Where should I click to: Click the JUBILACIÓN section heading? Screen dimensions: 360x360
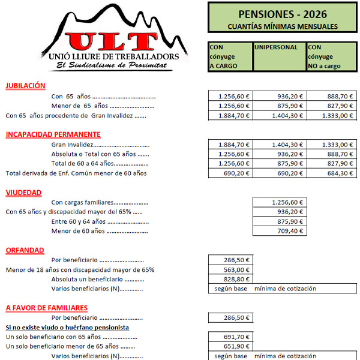(x=26, y=86)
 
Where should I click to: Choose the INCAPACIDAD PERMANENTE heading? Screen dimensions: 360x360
(x=53, y=134)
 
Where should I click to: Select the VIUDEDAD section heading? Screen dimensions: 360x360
(x=23, y=193)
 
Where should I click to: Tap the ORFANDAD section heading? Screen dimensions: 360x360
(x=24, y=250)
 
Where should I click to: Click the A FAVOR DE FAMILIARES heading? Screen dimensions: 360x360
(x=47, y=308)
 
